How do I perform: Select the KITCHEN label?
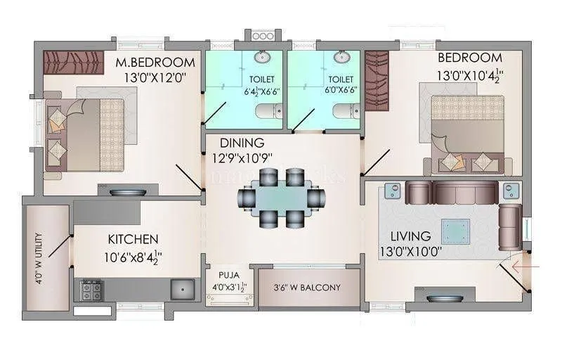pos(133,240)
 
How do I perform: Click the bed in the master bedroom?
pos(86,131)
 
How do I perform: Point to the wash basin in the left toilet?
pos(264,57)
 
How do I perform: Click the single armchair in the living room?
pos(509,226)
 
